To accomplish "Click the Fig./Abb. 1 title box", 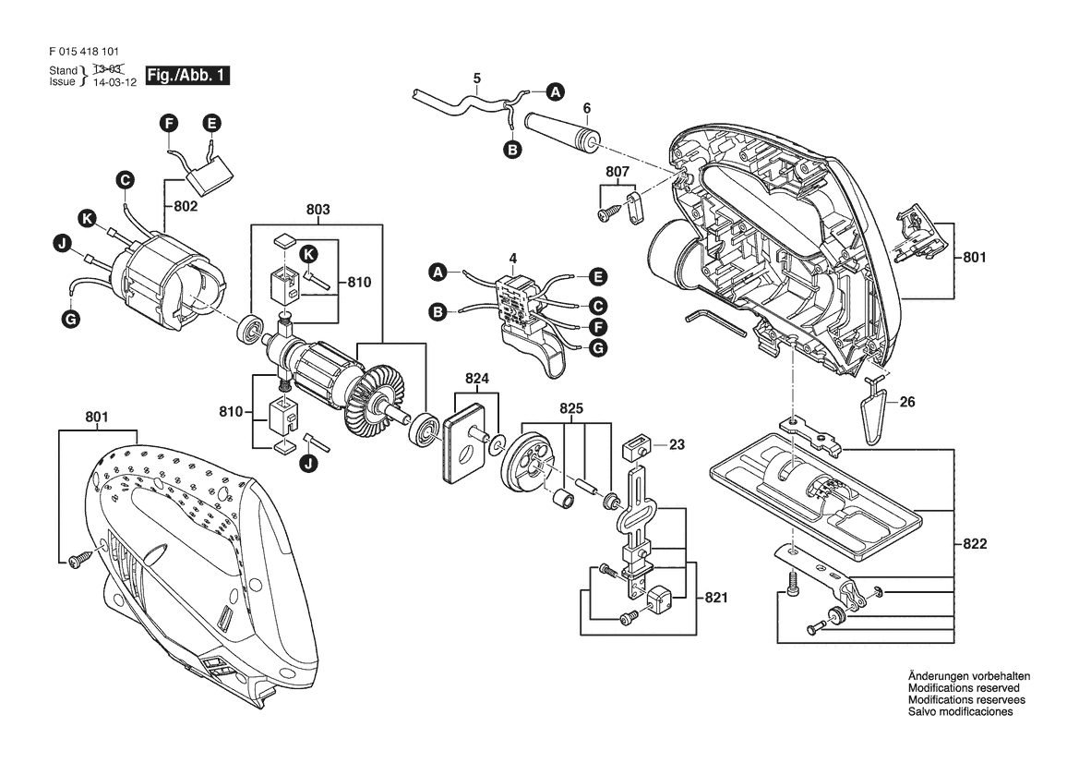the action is pyautogui.click(x=188, y=75).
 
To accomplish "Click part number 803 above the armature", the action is pyautogui.click(x=318, y=210).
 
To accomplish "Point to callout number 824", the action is pyautogui.click(x=477, y=378).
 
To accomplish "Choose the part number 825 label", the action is pyautogui.click(x=571, y=408).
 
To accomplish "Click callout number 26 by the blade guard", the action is pyautogui.click(x=907, y=402).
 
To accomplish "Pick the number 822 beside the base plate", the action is pyautogui.click(x=975, y=543).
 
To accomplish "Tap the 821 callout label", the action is pyautogui.click(x=715, y=598).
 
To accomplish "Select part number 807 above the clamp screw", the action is pyautogui.click(x=617, y=172).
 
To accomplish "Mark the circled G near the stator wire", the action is pyautogui.click(x=70, y=319).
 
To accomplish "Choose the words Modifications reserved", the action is pyautogui.click(x=964, y=688).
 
